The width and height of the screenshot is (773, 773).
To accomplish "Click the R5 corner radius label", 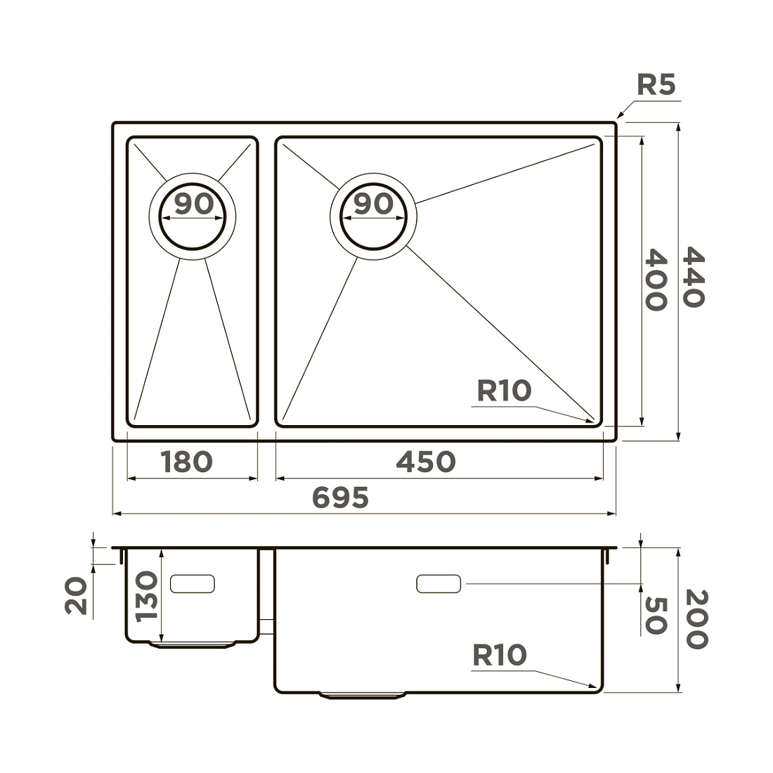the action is (656, 85).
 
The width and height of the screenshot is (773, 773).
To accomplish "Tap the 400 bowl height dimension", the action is (656, 280).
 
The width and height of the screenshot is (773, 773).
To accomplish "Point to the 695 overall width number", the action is (341, 498).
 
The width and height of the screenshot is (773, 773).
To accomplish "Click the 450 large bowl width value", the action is (426, 462).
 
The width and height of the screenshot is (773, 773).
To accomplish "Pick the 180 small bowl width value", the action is (186, 462).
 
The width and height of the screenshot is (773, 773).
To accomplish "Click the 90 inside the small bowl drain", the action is (194, 204).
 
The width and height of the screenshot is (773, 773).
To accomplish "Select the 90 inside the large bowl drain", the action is (374, 204).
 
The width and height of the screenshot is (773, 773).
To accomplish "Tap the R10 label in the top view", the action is (505, 391).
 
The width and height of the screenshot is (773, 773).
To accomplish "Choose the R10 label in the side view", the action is (500, 656).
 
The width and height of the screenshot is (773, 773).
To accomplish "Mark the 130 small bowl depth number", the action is (146, 597).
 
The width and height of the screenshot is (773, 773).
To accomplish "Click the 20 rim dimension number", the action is (76, 597).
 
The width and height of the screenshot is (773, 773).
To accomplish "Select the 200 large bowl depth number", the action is (696, 619).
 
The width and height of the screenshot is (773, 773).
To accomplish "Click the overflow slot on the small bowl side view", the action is (193, 584).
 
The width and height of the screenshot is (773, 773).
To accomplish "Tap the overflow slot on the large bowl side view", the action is (439, 584).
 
